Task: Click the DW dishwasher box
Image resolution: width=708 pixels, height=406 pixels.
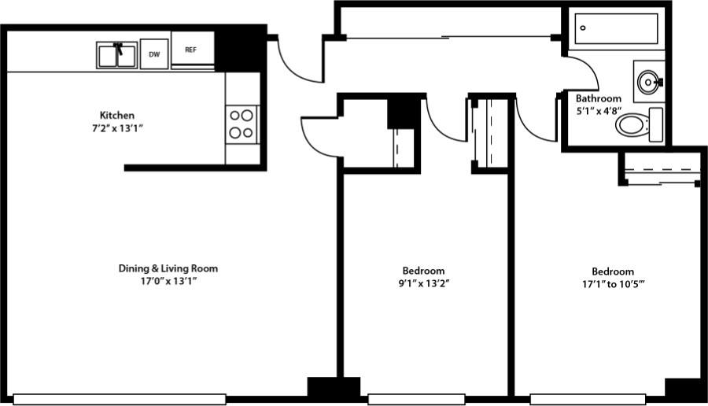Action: click(x=154, y=54)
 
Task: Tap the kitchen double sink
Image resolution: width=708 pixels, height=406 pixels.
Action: click(x=117, y=55)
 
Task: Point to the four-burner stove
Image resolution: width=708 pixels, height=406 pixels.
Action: click(x=242, y=124)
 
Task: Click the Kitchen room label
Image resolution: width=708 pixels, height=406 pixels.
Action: click(x=116, y=115)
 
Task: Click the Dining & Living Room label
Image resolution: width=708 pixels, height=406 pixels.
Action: click(x=168, y=268)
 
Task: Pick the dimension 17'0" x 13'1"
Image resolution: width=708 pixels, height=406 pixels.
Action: click(x=168, y=281)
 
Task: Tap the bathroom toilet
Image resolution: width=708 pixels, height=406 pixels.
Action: click(x=640, y=124)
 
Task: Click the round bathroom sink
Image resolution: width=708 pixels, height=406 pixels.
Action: click(x=648, y=80)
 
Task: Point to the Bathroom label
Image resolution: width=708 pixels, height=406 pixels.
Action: click(x=599, y=99)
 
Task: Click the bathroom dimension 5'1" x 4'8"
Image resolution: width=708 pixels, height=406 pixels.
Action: click(x=599, y=111)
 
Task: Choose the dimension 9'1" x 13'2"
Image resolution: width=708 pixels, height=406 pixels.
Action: click(x=423, y=282)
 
